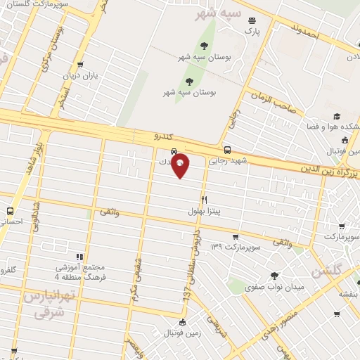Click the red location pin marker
click(181, 165)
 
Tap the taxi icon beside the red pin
click(173, 152)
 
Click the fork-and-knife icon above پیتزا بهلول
click(204, 200)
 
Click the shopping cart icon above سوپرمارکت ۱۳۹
click(235, 237)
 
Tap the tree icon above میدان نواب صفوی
click(274, 276)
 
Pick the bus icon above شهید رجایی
click(226, 149)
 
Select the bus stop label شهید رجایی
click(226, 160)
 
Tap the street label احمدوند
click(305, 32)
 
